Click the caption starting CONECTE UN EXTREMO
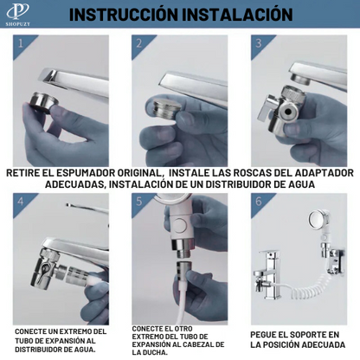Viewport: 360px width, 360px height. pyautogui.click(x=61, y=341)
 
